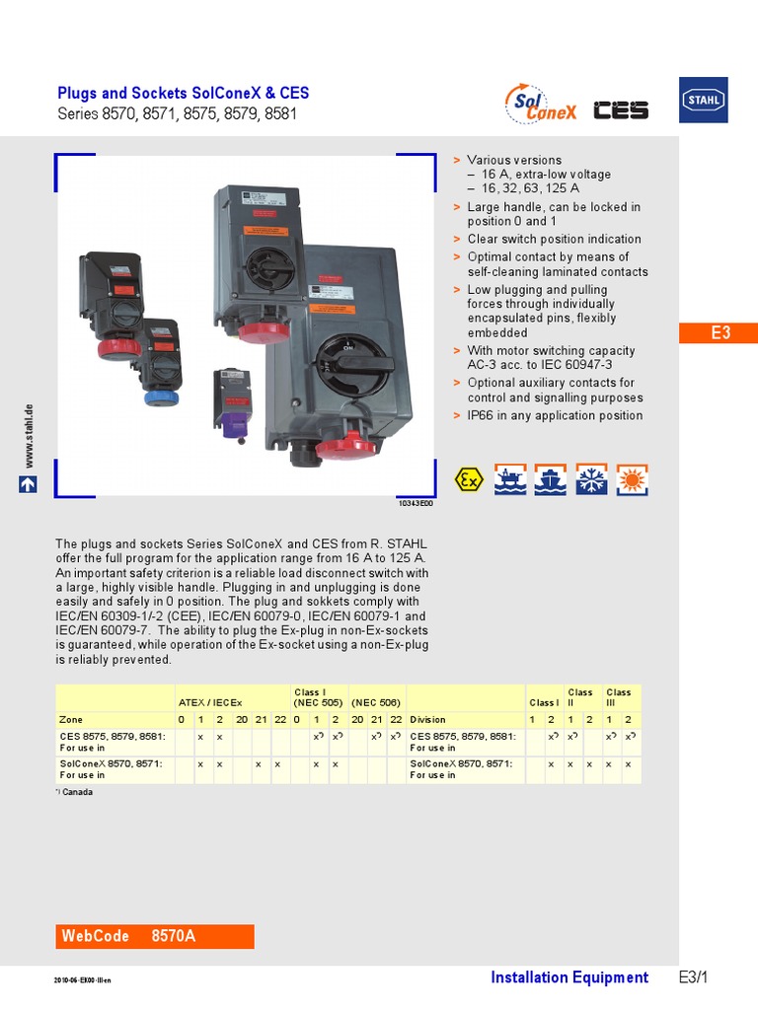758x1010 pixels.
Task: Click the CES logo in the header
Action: tap(621, 109)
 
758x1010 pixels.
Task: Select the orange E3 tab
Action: tap(720, 332)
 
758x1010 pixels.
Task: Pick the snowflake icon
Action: tap(591, 479)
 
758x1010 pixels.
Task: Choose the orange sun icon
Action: tap(632, 479)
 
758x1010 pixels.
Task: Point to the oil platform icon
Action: tap(509, 479)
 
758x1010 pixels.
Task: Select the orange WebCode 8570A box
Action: tap(155, 936)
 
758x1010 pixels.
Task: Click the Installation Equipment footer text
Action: tap(569, 977)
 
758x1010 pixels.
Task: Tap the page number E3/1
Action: tap(694, 977)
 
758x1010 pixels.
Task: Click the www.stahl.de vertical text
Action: tap(29, 435)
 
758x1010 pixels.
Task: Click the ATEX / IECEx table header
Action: tap(209, 702)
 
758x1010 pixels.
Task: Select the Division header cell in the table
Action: tap(428, 720)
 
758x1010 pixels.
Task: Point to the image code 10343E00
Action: tap(415, 503)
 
